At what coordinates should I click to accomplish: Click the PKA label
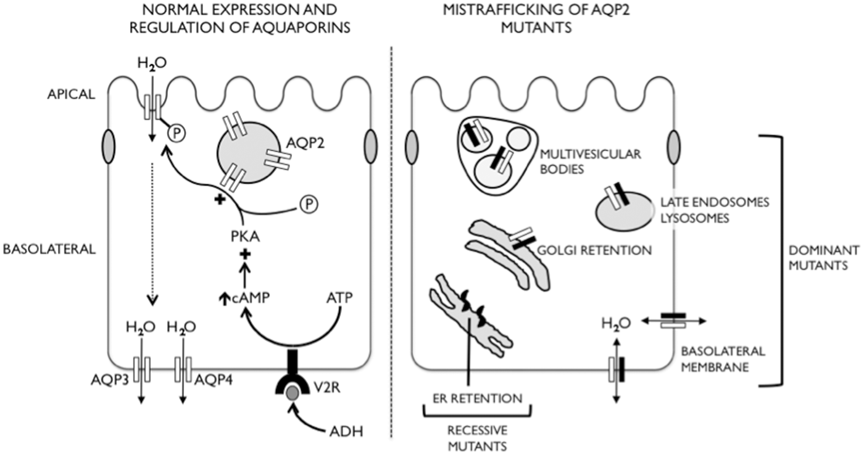click(x=246, y=237)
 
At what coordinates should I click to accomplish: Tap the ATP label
click(x=339, y=298)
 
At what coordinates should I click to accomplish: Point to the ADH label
click(x=346, y=432)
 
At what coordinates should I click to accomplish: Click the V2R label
click(x=327, y=388)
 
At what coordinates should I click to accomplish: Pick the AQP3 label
click(x=110, y=380)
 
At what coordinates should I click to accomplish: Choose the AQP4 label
click(x=214, y=380)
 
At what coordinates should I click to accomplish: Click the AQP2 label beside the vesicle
click(x=305, y=143)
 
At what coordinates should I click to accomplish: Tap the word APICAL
click(x=72, y=94)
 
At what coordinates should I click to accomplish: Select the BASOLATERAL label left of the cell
click(x=49, y=249)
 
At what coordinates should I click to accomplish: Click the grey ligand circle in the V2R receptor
click(x=293, y=394)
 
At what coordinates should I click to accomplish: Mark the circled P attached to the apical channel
click(x=177, y=133)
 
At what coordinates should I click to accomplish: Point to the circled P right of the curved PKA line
click(x=309, y=204)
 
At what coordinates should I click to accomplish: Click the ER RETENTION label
click(x=478, y=398)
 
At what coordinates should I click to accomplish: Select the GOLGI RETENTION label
click(x=594, y=250)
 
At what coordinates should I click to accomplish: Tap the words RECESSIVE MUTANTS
click(x=478, y=438)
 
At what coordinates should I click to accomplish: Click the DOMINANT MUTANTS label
click(x=824, y=258)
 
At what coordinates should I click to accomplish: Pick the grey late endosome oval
click(x=625, y=211)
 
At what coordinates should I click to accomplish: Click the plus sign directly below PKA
click(x=246, y=254)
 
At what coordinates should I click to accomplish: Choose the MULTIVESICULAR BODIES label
click(x=590, y=162)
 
